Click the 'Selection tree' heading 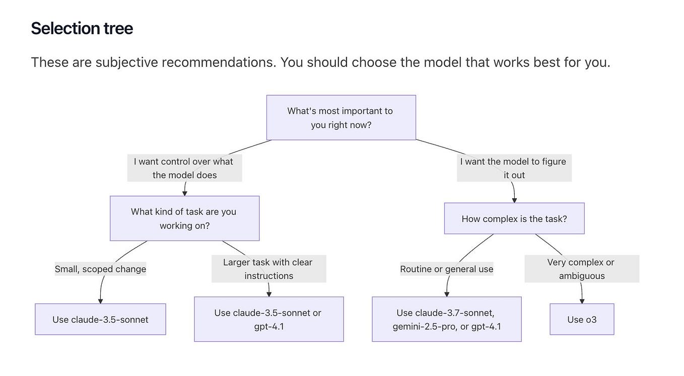pyautogui.click(x=82, y=28)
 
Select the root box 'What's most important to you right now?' pyautogui.click(x=341, y=117)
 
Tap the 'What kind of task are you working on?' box pyautogui.click(x=184, y=218)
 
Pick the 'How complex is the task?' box pyautogui.click(x=514, y=219)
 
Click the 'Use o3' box pyautogui.click(x=582, y=319)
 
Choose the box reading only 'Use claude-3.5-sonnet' pyautogui.click(x=100, y=319)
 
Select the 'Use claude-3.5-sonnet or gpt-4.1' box pyautogui.click(x=268, y=319)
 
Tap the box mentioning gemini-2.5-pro pyautogui.click(x=446, y=319)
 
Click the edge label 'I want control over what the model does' pyautogui.click(x=184, y=168)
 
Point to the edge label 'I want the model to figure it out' pyautogui.click(x=514, y=168)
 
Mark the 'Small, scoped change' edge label pyautogui.click(x=100, y=269)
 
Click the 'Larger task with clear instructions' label pyautogui.click(x=268, y=269)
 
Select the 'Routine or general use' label pyautogui.click(x=446, y=269)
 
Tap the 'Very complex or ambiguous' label pyautogui.click(x=582, y=269)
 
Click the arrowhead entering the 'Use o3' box pyautogui.click(x=582, y=300)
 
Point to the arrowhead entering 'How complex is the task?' pyautogui.click(x=514, y=200)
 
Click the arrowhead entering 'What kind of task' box pyautogui.click(x=185, y=193)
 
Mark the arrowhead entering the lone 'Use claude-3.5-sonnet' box pyautogui.click(x=100, y=300)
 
